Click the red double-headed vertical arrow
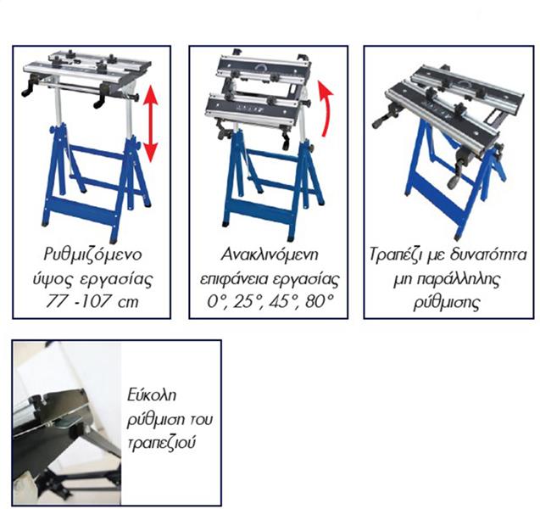(x=151, y=124)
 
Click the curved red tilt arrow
(x=327, y=109)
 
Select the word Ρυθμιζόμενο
(x=92, y=255)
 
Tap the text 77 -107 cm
(x=92, y=301)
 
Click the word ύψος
(x=53, y=280)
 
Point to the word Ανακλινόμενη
(x=270, y=255)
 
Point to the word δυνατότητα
(x=488, y=255)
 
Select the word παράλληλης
(x=459, y=279)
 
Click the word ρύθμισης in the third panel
(x=447, y=303)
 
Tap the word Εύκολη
(x=152, y=395)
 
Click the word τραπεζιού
(x=162, y=442)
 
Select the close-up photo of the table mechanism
(x=67, y=422)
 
